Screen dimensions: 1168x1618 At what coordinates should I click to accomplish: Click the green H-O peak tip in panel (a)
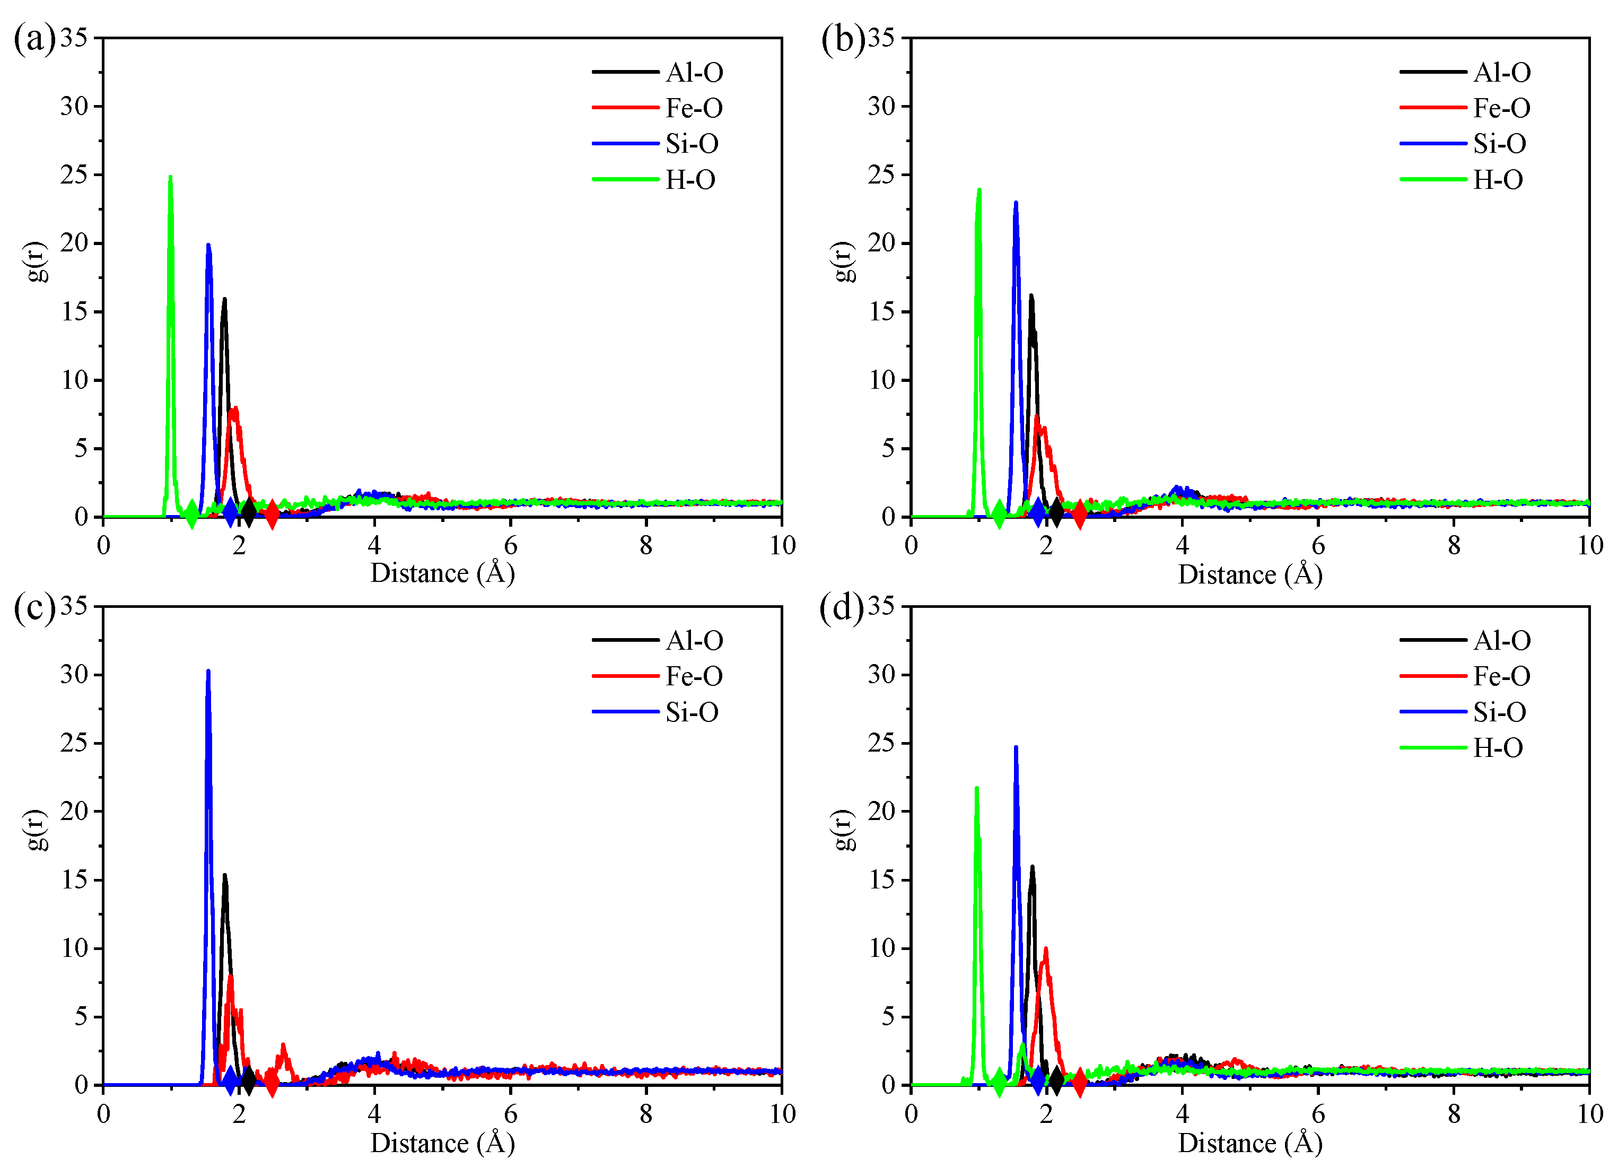click(x=170, y=178)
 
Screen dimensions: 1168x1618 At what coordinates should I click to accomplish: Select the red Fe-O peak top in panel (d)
click(x=1046, y=949)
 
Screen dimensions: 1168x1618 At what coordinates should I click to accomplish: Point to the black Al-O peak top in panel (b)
click(x=1031, y=296)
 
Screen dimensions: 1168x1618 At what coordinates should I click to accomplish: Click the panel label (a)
click(x=33, y=39)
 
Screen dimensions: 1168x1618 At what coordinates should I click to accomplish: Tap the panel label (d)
click(x=841, y=608)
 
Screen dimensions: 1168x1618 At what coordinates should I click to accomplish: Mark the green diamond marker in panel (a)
click(x=191, y=513)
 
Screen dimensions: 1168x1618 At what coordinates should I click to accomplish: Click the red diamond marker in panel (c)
click(x=271, y=1082)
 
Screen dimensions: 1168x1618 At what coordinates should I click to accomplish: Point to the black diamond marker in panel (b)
click(x=1056, y=512)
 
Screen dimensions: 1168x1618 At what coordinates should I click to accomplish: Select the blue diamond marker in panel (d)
click(x=1038, y=1081)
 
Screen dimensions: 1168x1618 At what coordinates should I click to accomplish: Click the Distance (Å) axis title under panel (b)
click(x=1250, y=574)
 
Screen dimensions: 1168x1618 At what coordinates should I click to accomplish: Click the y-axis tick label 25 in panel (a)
click(x=74, y=174)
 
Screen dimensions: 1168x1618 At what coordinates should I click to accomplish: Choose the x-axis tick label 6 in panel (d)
click(x=1318, y=1114)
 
